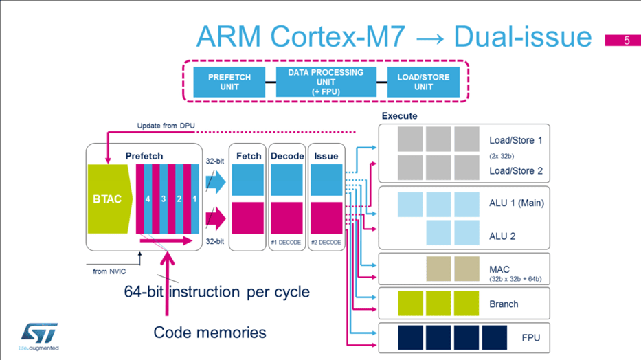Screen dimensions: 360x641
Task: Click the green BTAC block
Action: (x=108, y=199)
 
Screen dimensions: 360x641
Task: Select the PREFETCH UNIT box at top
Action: (x=229, y=82)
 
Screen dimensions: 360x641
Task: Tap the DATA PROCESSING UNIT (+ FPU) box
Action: (x=326, y=82)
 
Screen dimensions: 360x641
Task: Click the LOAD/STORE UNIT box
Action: (x=423, y=82)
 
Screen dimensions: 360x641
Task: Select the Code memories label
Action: (x=210, y=333)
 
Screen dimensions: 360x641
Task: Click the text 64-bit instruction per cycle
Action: (x=216, y=291)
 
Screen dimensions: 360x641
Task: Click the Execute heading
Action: (x=399, y=116)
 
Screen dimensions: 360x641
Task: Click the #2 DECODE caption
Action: (x=326, y=242)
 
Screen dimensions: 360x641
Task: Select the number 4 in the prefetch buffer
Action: (x=147, y=199)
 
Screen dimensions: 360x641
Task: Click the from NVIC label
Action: (x=109, y=271)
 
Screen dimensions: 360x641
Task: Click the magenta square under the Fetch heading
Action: (x=247, y=218)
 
